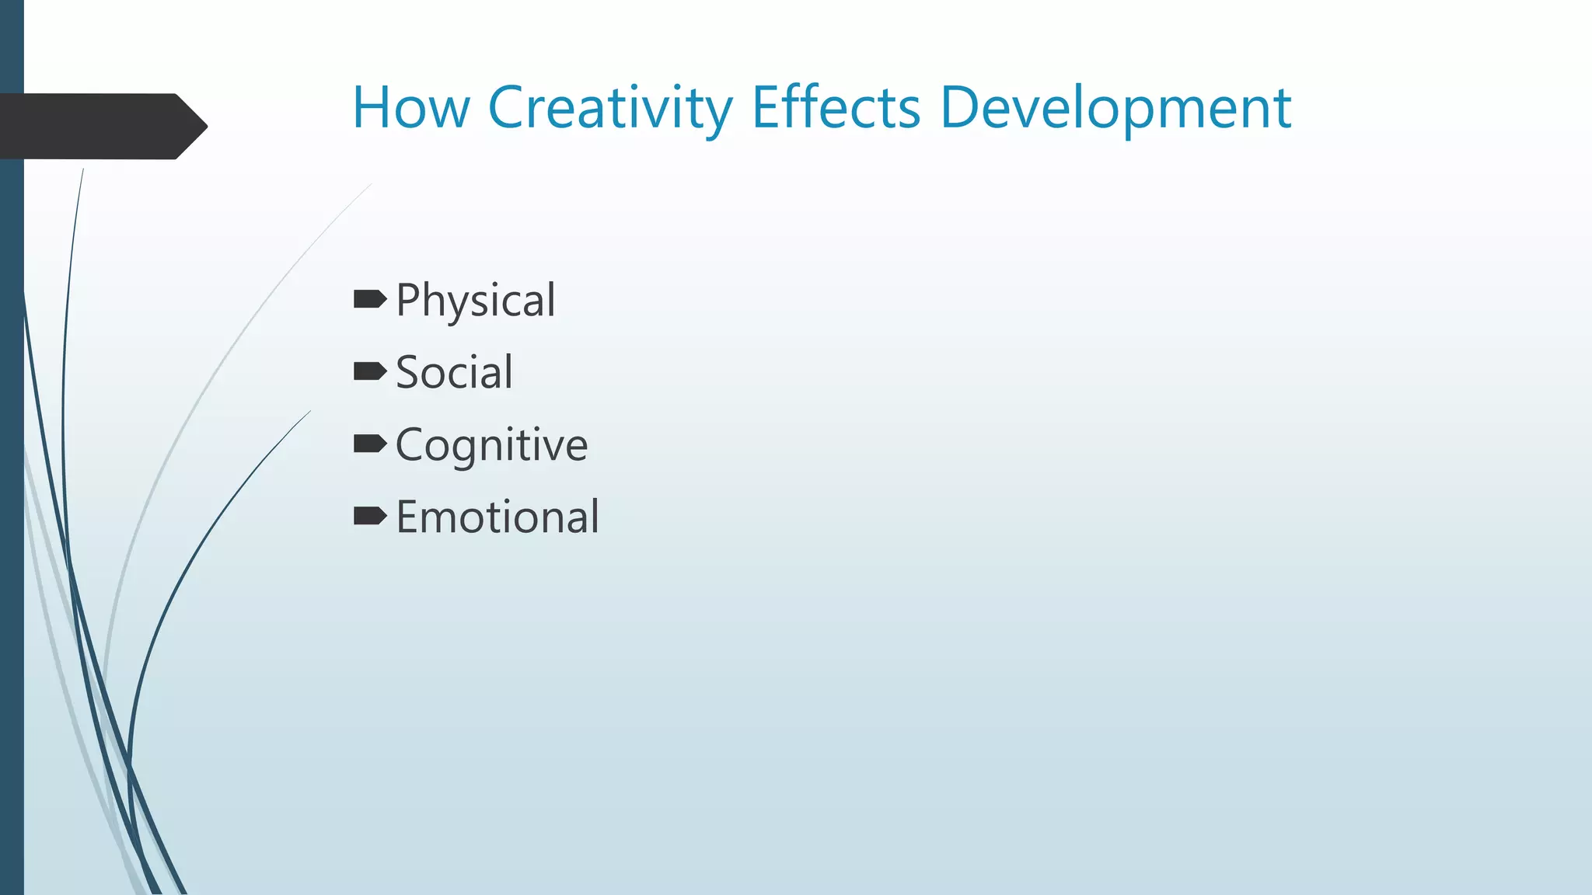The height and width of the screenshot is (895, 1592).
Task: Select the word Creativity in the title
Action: (609, 109)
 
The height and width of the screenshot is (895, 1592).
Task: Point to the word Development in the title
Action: (1115, 109)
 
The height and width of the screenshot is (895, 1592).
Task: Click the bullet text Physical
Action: (475, 301)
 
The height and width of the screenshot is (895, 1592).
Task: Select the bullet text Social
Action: (454, 372)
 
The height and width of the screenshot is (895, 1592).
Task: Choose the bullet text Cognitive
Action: (491, 445)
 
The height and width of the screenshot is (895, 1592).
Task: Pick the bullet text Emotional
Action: (497, 517)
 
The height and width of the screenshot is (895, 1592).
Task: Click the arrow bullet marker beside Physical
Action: (369, 299)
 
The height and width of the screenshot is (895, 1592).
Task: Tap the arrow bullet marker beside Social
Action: (369, 371)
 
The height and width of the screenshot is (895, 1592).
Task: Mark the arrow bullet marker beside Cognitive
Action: (369, 444)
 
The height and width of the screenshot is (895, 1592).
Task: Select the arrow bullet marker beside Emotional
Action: (369, 516)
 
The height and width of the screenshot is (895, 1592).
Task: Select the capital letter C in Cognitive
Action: (411, 444)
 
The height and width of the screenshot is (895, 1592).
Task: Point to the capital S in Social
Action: (410, 372)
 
